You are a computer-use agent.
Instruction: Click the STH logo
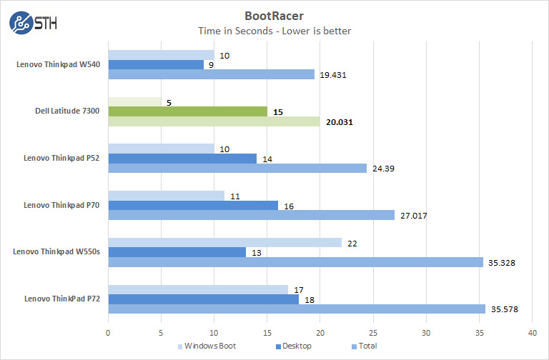[33, 23]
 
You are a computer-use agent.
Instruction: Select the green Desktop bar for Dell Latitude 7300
[187, 111]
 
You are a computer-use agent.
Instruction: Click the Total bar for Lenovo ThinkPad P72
[297, 309]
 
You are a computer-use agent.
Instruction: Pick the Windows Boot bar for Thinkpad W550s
[224, 242]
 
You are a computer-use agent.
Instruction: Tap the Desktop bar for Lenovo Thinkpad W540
[156, 64]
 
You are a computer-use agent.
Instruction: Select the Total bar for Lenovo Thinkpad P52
[237, 168]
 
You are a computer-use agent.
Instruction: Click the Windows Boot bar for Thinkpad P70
[166, 195]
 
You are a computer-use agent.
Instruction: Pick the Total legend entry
[364, 346]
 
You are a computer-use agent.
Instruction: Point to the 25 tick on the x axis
[373, 333]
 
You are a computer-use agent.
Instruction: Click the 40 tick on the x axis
[532, 333]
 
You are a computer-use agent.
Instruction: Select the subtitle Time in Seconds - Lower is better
[274, 31]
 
